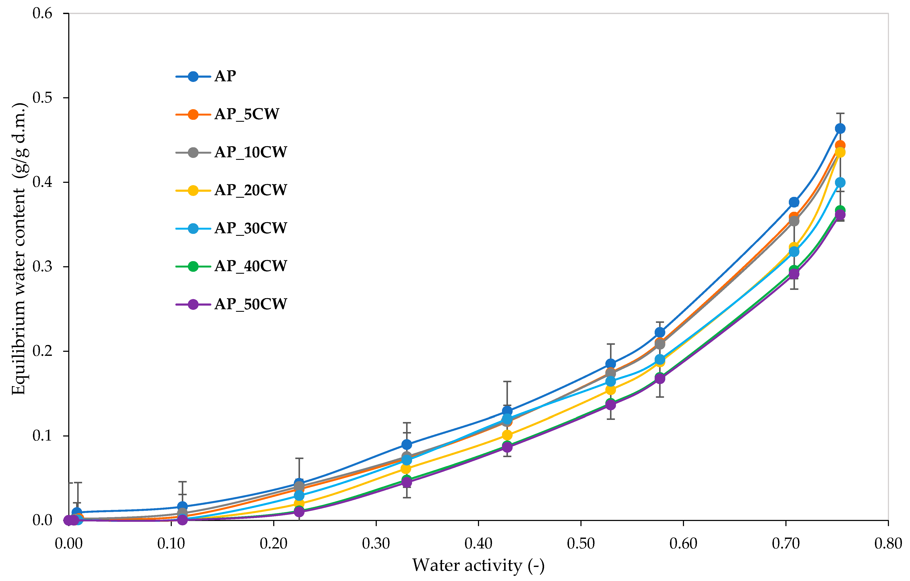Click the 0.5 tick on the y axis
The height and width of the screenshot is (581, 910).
[x=42, y=98]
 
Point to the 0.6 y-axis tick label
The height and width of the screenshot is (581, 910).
[x=42, y=14]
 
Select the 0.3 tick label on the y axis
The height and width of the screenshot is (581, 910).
[x=42, y=267]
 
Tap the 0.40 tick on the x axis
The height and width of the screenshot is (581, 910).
[x=478, y=544]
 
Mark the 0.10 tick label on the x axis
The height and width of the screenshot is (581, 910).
[x=171, y=544]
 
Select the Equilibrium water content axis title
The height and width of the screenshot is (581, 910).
[x=19, y=249]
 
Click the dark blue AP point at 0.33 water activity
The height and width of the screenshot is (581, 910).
[x=407, y=444]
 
